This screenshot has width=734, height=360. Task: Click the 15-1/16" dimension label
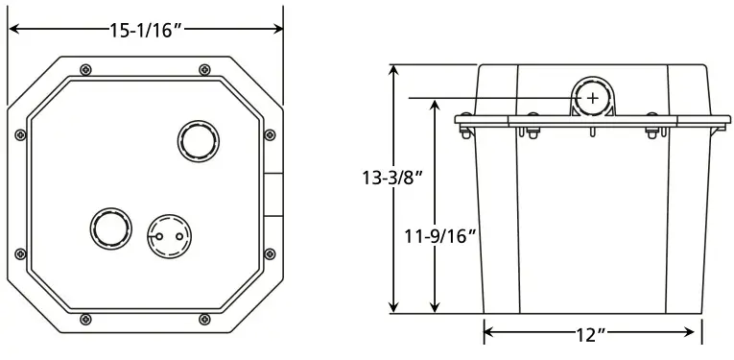(x=146, y=31)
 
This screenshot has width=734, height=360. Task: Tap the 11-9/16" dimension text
(x=440, y=237)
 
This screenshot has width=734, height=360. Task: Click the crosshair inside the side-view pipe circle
(x=593, y=98)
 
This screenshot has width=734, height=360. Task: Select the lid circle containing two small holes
(x=170, y=236)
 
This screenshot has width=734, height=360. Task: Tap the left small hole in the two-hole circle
(x=159, y=236)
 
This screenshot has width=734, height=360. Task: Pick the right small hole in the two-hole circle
(x=179, y=236)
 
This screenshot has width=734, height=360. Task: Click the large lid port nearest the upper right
(x=199, y=141)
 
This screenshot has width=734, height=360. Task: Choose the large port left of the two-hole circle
(x=111, y=228)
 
